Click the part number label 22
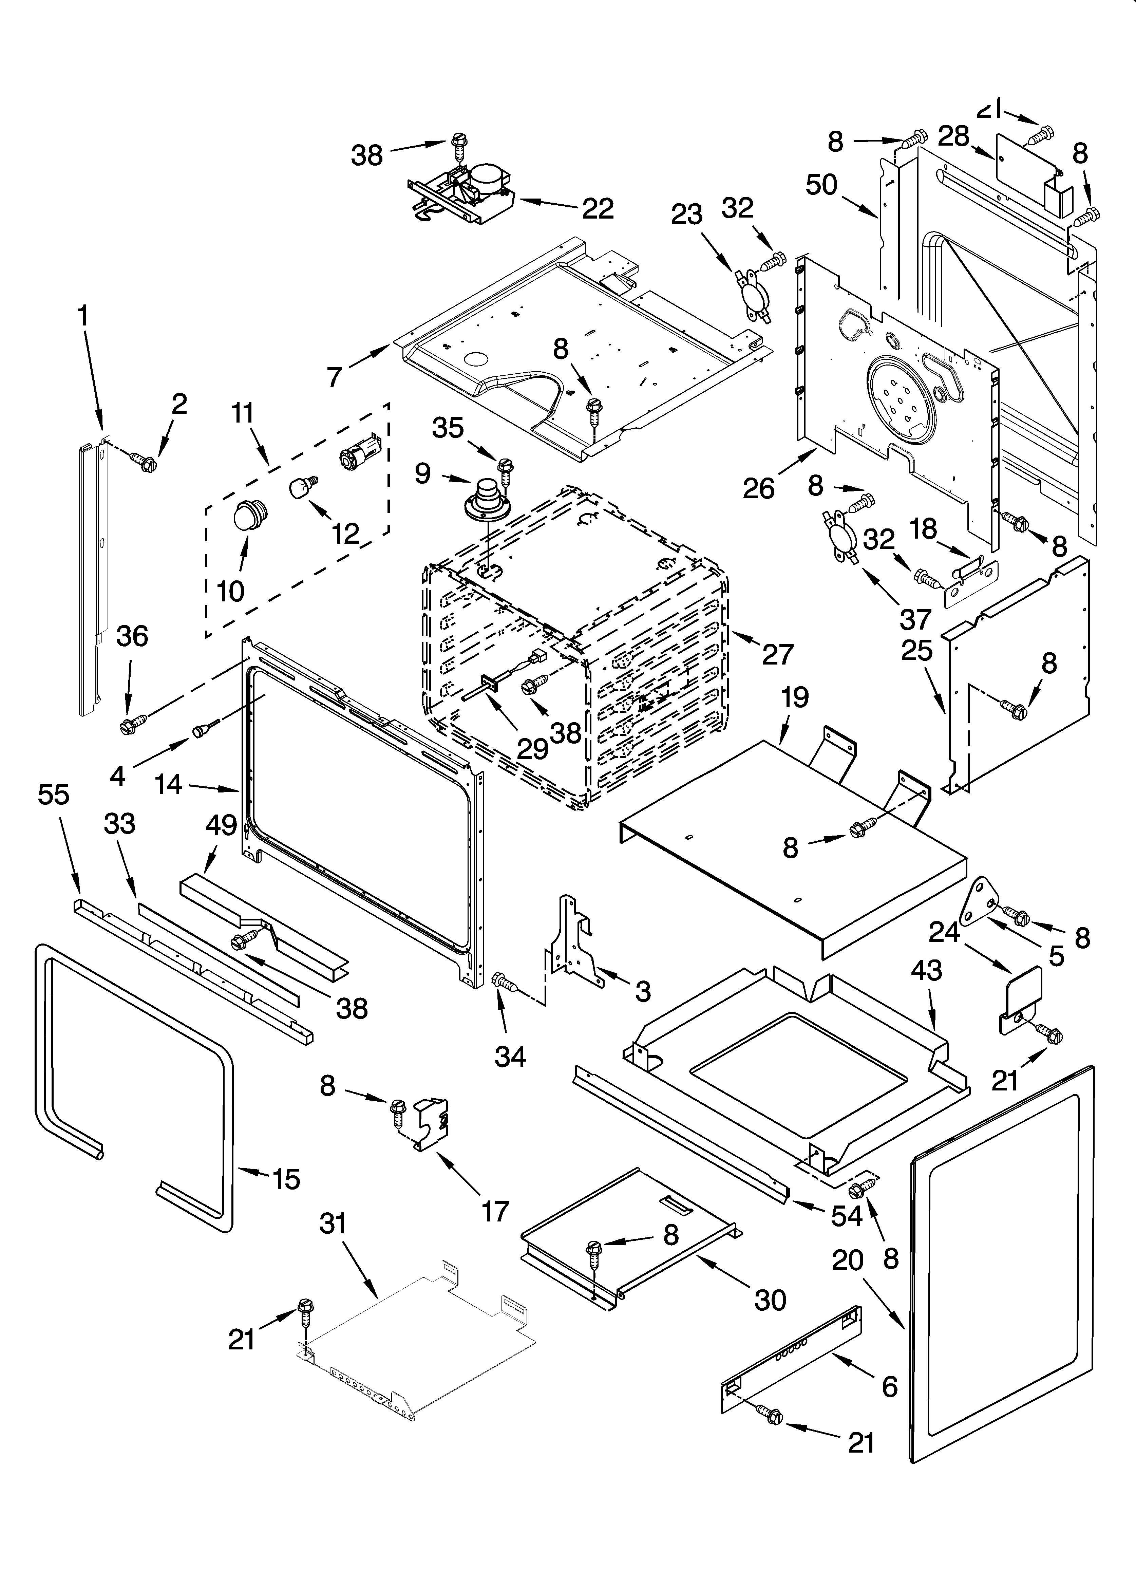(x=598, y=208)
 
